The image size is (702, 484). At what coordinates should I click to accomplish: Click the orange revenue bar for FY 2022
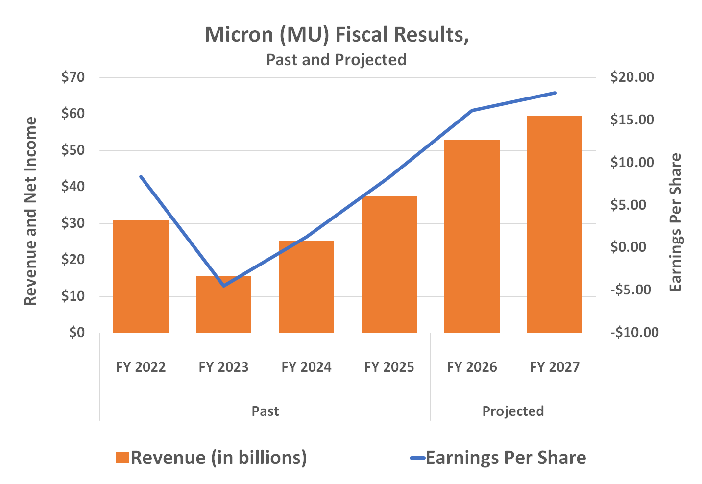(x=141, y=277)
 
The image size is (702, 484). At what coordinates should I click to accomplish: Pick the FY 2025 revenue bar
(x=389, y=265)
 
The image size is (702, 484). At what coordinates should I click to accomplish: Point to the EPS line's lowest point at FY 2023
(x=223, y=286)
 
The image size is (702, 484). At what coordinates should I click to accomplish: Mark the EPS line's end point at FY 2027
(x=555, y=93)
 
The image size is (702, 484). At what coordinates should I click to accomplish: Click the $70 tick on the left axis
(x=73, y=77)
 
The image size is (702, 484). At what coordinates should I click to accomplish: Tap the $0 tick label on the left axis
(x=77, y=333)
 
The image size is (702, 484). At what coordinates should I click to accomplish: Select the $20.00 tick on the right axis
(x=632, y=77)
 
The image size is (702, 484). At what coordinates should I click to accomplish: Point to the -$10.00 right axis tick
(x=634, y=333)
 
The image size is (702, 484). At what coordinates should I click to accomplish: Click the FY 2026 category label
(x=472, y=367)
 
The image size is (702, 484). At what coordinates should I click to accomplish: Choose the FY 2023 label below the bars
(x=223, y=367)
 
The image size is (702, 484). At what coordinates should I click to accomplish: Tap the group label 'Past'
(x=265, y=411)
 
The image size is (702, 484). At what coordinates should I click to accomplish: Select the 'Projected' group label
(x=513, y=411)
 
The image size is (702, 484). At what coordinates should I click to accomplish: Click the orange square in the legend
(x=122, y=458)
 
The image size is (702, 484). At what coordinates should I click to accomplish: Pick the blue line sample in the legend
(x=417, y=458)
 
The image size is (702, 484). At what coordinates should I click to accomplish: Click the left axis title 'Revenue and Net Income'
(x=30, y=211)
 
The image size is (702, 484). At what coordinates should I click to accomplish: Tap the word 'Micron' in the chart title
(x=238, y=35)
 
